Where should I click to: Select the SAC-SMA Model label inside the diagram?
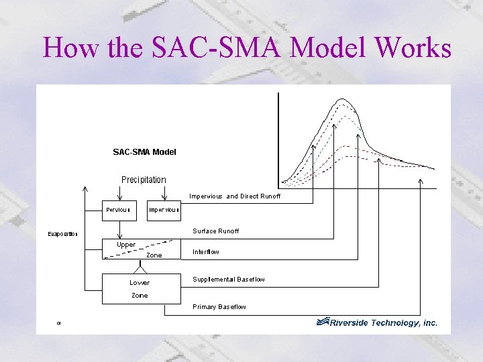(x=144, y=152)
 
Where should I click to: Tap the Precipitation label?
(x=144, y=180)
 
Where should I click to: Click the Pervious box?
(x=119, y=210)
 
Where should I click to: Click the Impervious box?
(x=164, y=210)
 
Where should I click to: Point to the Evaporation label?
(x=62, y=234)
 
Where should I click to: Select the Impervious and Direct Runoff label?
(x=235, y=196)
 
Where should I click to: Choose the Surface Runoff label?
(x=215, y=231)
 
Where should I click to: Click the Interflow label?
(x=205, y=252)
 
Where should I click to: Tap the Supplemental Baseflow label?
(x=228, y=279)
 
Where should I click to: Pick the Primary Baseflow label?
(x=219, y=307)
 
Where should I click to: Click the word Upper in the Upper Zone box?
(x=126, y=245)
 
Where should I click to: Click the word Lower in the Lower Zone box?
(x=140, y=282)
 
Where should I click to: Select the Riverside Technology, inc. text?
(x=385, y=322)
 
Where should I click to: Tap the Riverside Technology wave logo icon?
(x=323, y=322)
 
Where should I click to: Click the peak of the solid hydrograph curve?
(x=344, y=99)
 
